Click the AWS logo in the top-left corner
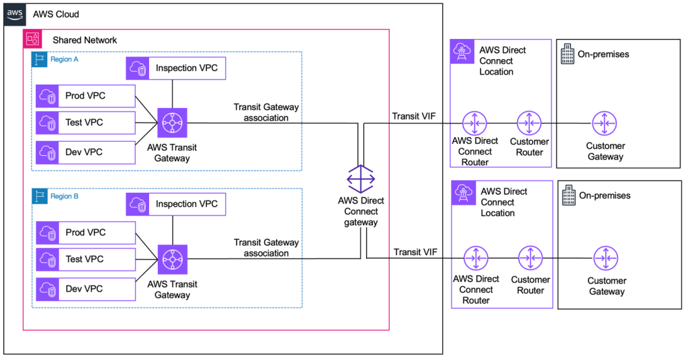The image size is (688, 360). click(x=15, y=14)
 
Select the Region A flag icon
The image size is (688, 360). click(x=39, y=59)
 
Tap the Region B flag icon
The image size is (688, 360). click(x=39, y=196)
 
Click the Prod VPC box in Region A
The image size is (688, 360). click(x=85, y=95)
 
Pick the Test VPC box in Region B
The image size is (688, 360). click(x=85, y=259)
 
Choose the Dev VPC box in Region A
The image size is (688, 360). click(x=85, y=152)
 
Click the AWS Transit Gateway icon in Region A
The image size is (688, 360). click(x=173, y=123)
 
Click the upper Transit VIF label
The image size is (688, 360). click(x=414, y=116)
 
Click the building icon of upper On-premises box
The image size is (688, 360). click(x=567, y=54)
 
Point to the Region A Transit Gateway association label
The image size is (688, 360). click(x=266, y=112)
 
